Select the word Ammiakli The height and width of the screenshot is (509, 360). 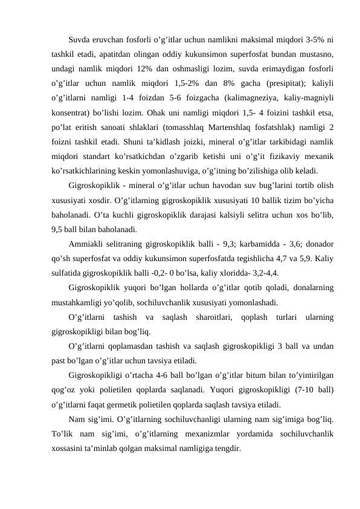86,244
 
